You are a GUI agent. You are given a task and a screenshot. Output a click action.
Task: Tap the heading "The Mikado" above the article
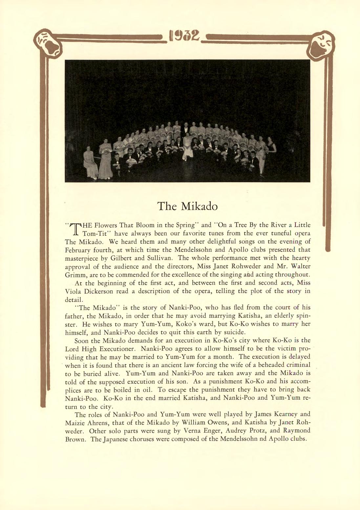pyautogui.click(x=187, y=206)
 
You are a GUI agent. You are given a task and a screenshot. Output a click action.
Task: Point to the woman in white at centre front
pyautogui.click(x=187, y=147)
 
